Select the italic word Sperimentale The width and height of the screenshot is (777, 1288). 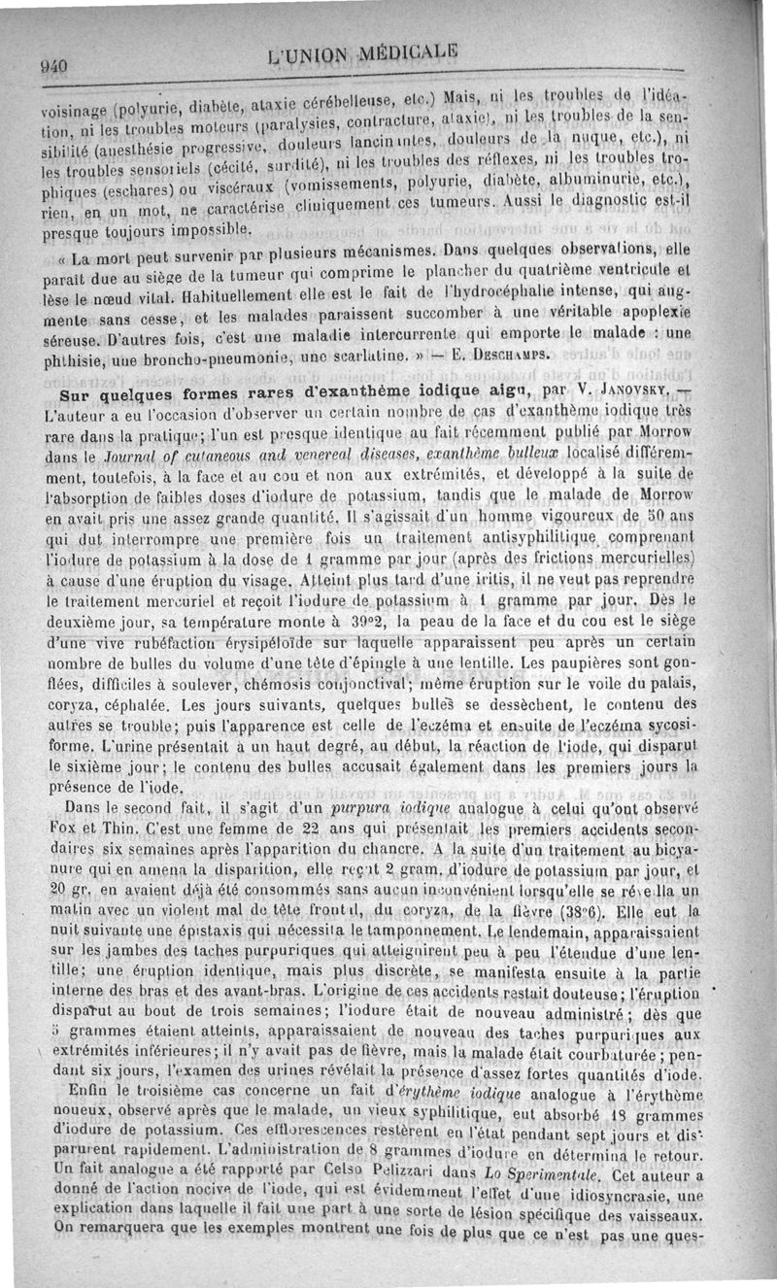click(x=538, y=1205)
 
